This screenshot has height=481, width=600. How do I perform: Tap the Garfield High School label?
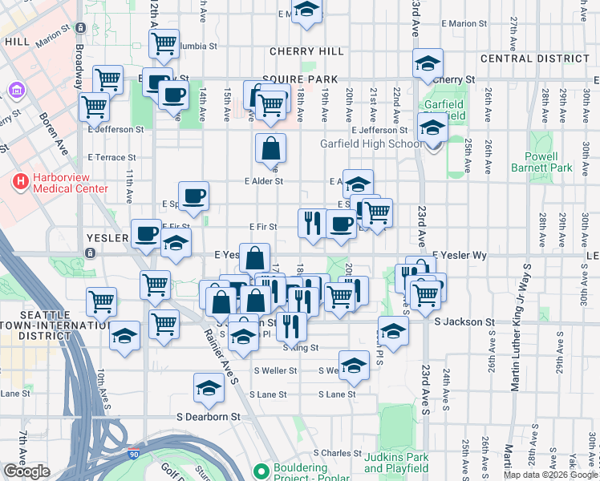coord(371,144)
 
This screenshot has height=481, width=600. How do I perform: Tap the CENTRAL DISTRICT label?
coord(533,59)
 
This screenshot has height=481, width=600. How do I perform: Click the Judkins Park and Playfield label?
coord(396,463)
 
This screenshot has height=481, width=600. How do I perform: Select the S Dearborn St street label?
coord(209,417)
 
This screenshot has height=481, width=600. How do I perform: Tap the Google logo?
coord(26,471)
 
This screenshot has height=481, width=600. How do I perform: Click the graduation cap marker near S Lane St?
coord(209,389)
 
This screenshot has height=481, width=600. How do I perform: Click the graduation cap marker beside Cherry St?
coord(428,63)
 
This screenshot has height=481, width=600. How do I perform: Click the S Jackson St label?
coord(464,321)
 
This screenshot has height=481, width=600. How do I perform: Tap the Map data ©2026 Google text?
coord(549,475)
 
